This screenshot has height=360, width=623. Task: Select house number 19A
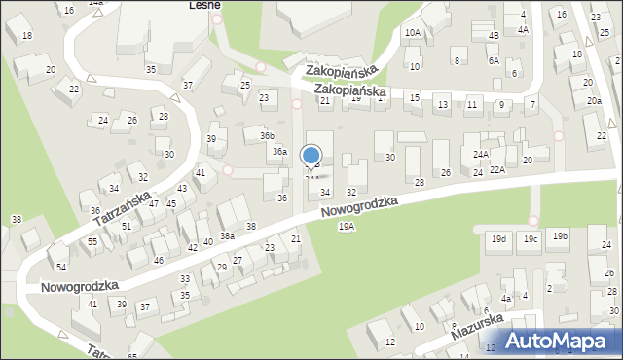pyautogui.click(x=347, y=226)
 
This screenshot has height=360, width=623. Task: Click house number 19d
pyautogui.click(x=499, y=238)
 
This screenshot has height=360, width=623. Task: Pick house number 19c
pyautogui.click(x=530, y=238)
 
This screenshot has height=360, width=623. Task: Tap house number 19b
pyautogui.click(x=560, y=236)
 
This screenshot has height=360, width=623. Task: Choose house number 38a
pyautogui.click(x=227, y=236)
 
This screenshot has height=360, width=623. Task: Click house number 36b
pyautogui.click(x=267, y=135)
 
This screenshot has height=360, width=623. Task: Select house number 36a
pyautogui.click(x=279, y=151)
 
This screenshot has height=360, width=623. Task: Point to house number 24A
pyautogui.click(x=481, y=154)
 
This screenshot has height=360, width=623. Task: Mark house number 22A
pyautogui.click(x=497, y=170)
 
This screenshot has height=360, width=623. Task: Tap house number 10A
pyautogui.click(x=413, y=32)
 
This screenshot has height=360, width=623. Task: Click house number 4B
pyautogui.click(x=494, y=36)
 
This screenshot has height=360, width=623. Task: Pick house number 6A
pyautogui.click(x=494, y=60)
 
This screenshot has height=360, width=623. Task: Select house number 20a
pyautogui.click(x=594, y=101)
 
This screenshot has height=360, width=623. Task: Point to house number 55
pyautogui.click(x=92, y=240)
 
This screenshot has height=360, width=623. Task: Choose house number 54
pyautogui.click(x=61, y=267)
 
